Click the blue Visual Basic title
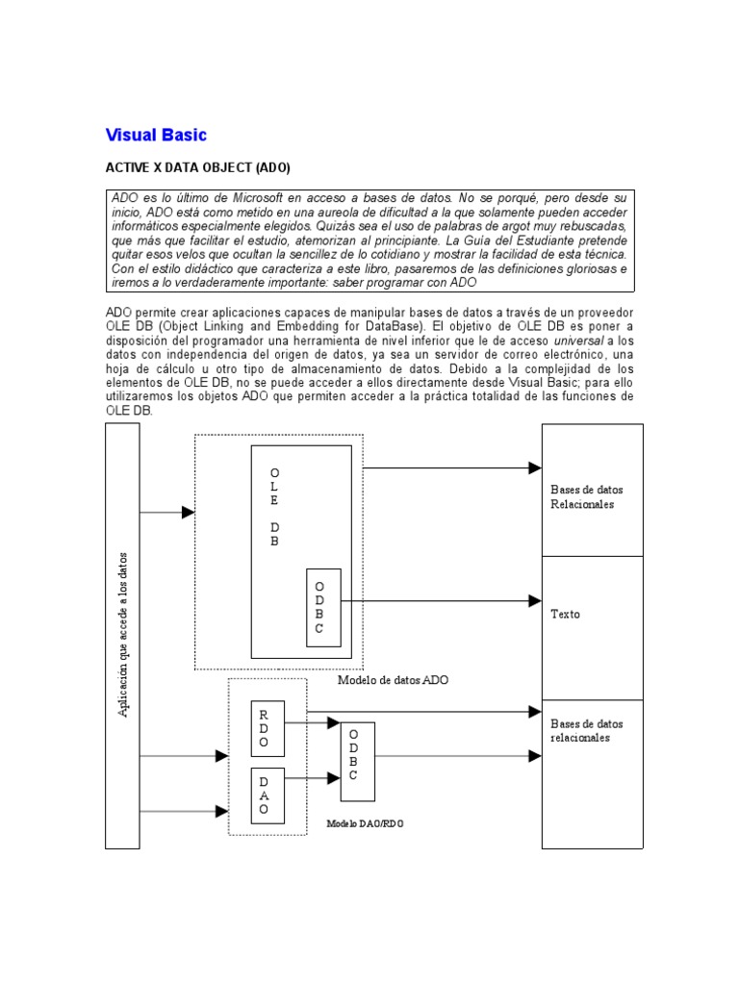tap(155, 135)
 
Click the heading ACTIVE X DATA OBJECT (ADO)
tap(196, 166)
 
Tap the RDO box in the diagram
tap(264, 728)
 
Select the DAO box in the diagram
tap(264, 795)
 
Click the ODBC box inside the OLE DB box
tap(322, 606)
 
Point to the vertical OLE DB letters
tap(275, 508)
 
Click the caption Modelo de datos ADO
tap(393, 679)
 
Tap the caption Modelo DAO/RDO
tap(365, 824)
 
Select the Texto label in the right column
tap(566, 614)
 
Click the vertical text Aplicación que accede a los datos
tap(122, 635)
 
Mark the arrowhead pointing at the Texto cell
tap(535, 601)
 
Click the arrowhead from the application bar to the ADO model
tap(189, 513)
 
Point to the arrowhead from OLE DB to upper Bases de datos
tap(535, 468)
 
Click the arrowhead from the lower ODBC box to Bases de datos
tap(535, 756)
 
